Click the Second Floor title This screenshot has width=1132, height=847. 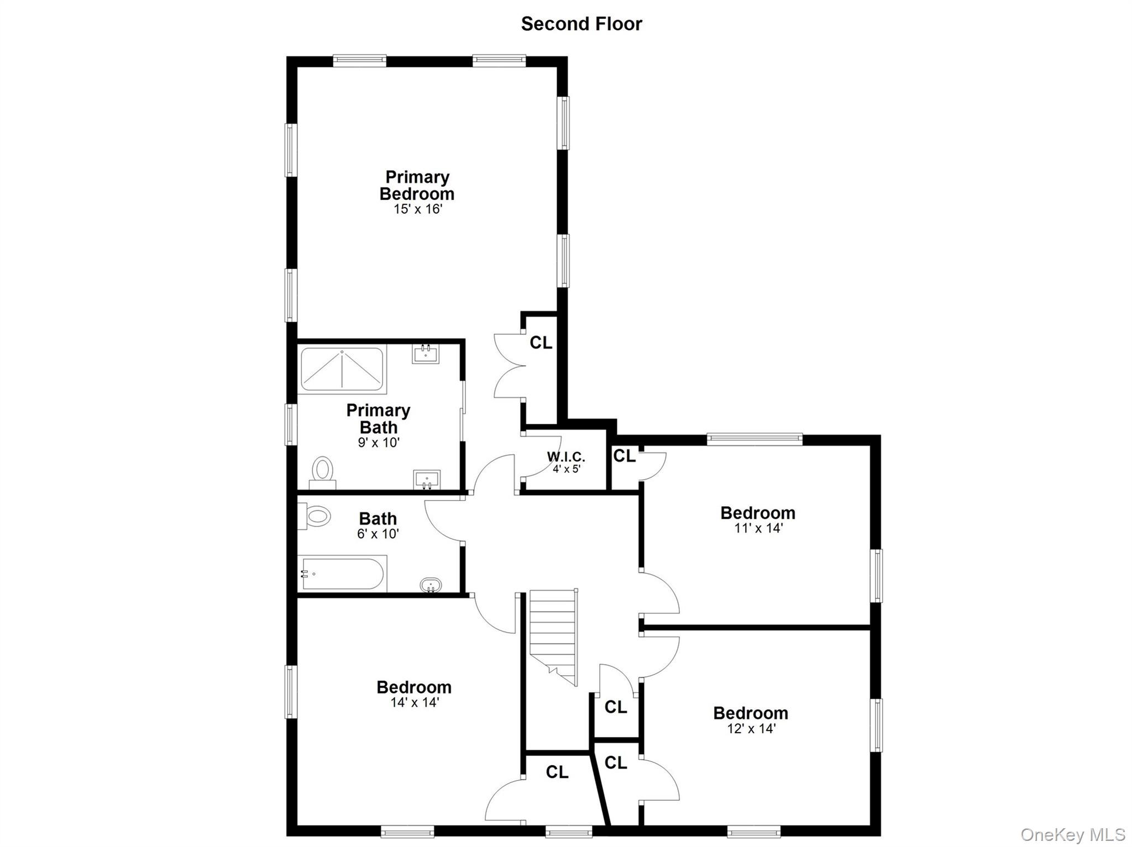click(x=581, y=24)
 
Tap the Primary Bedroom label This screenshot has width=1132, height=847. click(x=417, y=186)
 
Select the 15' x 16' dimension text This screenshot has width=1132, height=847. click(x=418, y=209)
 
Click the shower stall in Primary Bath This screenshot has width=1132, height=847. click(x=342, y=369)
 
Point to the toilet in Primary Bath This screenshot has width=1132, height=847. click(x=322, y=473)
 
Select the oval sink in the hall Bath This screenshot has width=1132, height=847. click(x=431, y=585)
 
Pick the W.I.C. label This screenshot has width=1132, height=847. click(x=566, y=457)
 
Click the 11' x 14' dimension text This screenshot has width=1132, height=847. click(x=758, y=528)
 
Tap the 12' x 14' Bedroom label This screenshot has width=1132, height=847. click(x=751, y=713)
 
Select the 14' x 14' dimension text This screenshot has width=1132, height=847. click(x=414, y=703)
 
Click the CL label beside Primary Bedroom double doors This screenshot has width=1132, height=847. click(x=541, y=343)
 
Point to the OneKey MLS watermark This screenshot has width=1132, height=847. click(x=1072, y=834)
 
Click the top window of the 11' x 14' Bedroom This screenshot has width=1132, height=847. click(x=754, y=439)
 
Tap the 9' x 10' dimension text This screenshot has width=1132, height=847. click(x=378, y=443)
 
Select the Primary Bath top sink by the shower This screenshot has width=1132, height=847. click(x=426, y=353)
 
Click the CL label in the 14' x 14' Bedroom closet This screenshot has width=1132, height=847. click(x=557, y=772)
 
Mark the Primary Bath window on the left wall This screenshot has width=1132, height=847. click(x=291, y=424)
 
